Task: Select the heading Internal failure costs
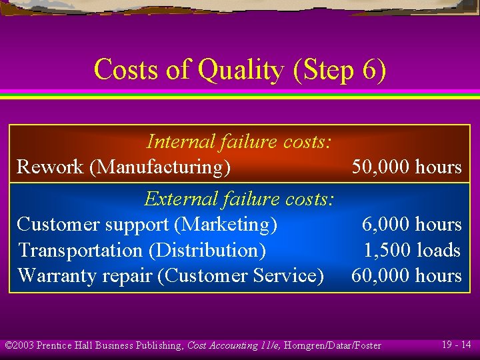click(239, 141)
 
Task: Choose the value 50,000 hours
click(407, 167)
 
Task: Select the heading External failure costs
click(239, 199)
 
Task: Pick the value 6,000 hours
click(411, 225)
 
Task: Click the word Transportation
click(81, 251)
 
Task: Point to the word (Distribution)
click(207, 251)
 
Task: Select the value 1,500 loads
click(412, 251)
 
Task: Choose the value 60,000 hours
click(407, 276)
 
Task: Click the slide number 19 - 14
click(456, 345)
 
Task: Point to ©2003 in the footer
click(19, 345)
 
